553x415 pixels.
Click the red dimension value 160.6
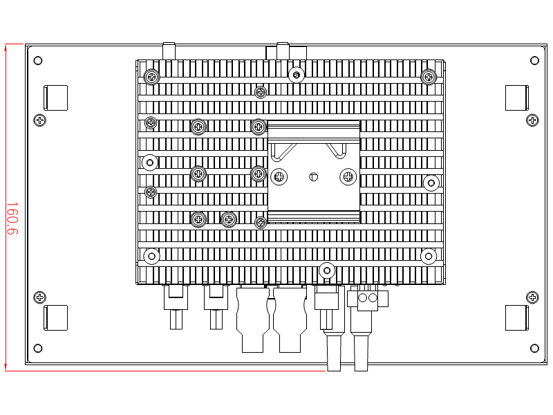(x=12, y=218)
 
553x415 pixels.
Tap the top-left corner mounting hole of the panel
(x=38, y=60)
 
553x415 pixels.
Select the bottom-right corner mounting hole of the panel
(x=534, y=348)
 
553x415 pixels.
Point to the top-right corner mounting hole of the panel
(x=534, y=60)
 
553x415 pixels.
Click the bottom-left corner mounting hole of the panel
(x=38, y=348)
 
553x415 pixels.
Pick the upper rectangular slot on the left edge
(x=56, y=98)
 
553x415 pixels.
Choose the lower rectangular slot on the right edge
(x=516, y=317)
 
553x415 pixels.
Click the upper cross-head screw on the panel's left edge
(x=40, y=120)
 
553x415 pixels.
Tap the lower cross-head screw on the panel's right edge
(x=532, y=297)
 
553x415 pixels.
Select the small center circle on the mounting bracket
(x=313, y=177)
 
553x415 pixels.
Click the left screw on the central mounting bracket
(x=279, y=176)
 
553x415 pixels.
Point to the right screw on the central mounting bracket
(x=348, y=176)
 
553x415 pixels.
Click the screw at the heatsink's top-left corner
(x=151, y=76)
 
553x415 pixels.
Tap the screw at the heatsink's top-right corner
(x=429, y=76)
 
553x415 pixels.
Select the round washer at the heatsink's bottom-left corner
(x=151, y=256)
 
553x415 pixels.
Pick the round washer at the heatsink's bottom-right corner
(x=429, y=256)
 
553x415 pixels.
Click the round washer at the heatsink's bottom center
(x=327, y=270)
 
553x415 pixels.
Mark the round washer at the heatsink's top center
(x=297, y=75)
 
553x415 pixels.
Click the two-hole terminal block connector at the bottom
(x=367, y=298)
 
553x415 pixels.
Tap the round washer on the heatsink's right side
(x=431, y=183)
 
